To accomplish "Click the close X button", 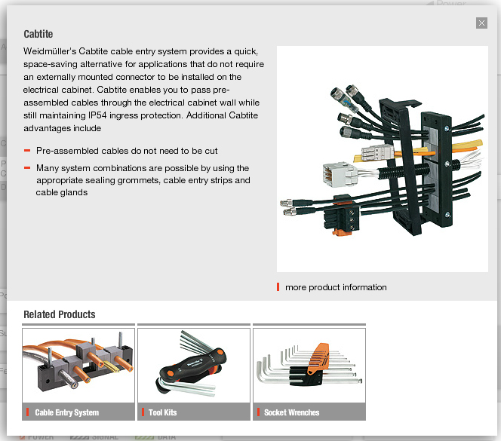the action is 481,23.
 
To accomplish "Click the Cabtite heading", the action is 38,34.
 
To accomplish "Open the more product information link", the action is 336,287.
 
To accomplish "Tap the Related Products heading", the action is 60,314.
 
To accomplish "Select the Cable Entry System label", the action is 67,412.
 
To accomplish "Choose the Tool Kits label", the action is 163,412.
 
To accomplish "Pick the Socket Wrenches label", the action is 291,412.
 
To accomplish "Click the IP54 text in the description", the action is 97,115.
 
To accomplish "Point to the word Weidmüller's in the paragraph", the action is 50,51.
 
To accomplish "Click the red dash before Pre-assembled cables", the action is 27,151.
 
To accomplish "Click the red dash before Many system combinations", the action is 27,167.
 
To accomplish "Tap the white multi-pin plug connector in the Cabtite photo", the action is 340,174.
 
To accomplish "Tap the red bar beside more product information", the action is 278,286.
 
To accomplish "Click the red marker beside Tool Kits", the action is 143,412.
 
